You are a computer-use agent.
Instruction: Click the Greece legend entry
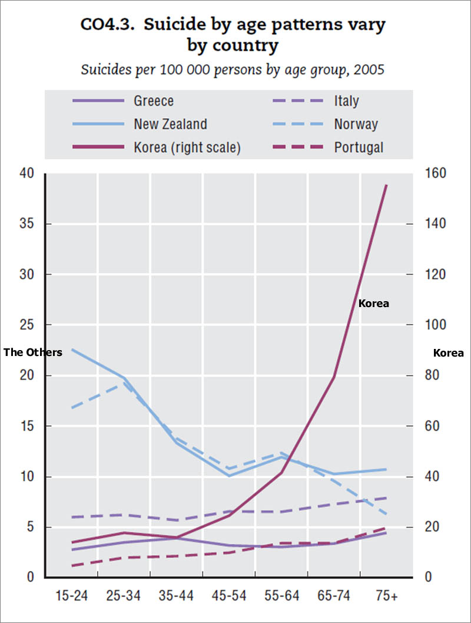pyautogui.click(x=154, y=101)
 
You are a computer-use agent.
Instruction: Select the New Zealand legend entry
pyautogui.click(x=170, y=124)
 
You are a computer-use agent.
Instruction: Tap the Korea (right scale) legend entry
pyautogui.click(x=187, y=147)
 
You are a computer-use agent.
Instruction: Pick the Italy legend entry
pyautogui.click(x=346, y=101)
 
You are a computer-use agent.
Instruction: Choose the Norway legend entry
pyautogui.click(x=356, y=124)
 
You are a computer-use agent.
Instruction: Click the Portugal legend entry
pyautogui.click(x=359, y=147)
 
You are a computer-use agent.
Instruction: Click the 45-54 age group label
pyautogui.click(x=228, y=596)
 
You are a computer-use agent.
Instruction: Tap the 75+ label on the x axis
pyautogui.click(x=387, y=596)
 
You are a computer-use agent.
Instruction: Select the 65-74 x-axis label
pyautogui.click(x=334, y=596)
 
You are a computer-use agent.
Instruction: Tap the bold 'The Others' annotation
pyautogui.click(x=33, y=352)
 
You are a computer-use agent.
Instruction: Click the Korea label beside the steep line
pyautogui.click(x=374, y=304)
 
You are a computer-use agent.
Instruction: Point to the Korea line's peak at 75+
pyautogui.click(x=386, y=184)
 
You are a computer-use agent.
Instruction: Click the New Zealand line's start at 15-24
pyautogui.click(x=72, y=350)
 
